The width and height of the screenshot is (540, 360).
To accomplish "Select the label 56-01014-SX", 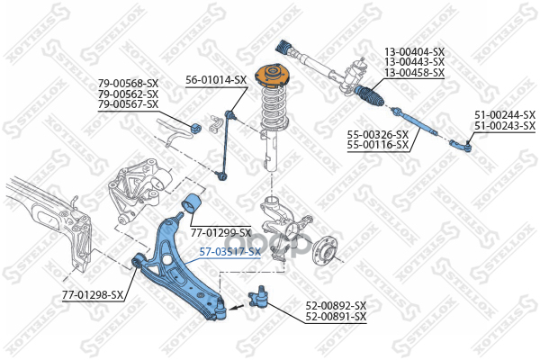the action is (x=216, y=80).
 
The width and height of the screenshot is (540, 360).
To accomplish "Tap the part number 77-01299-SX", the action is (x=220, y=232).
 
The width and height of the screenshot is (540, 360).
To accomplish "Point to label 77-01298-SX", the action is (x=93, y=294).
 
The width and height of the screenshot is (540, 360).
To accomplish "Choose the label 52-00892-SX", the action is (x=336, y=306).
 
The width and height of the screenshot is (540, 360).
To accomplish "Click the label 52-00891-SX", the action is (x=336, y=317).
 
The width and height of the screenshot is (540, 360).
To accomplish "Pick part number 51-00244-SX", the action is (x=504, y=115).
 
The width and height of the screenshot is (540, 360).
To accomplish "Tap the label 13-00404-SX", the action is (x=414, y=51).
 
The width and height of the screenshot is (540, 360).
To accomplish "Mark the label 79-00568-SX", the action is (x=128, y=84).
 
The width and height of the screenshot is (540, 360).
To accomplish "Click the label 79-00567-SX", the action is (x=128, y=104).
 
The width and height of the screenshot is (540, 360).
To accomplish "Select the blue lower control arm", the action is (x=180, y=261).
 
